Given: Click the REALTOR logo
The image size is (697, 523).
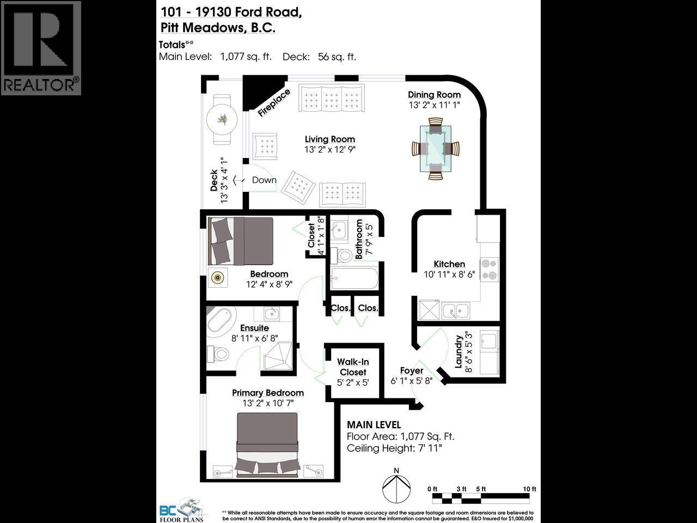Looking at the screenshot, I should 41,48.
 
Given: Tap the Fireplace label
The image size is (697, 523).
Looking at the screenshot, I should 274,102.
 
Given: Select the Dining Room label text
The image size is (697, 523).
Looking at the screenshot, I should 434,95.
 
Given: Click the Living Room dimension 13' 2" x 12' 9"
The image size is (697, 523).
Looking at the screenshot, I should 329,150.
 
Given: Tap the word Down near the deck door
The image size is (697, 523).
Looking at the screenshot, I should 264,180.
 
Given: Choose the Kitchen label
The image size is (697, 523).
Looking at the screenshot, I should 449,264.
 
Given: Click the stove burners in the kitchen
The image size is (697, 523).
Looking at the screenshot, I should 490,269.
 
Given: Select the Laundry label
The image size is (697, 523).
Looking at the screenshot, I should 458,351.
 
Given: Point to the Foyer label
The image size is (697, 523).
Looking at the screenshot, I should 412,371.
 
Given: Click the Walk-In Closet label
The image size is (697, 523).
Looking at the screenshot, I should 353,367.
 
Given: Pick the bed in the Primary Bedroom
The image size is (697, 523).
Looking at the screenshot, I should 267,444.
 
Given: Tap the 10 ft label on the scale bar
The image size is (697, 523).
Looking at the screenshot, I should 529,489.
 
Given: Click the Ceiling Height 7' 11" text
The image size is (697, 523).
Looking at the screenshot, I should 394,448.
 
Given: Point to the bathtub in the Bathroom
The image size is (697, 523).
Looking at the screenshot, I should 354,279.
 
